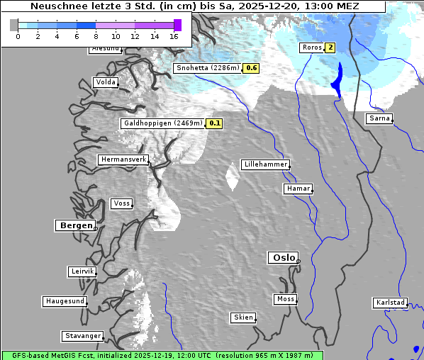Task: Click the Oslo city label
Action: click(282, 258)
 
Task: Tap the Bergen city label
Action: click(74, 225)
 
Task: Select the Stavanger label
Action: click(82, 336)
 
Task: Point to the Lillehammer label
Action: click(265, 164)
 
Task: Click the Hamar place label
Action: click(297, 189)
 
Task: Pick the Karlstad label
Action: click(390, 303)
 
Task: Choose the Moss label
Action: click(285, 299)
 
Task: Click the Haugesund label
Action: click(65, 301)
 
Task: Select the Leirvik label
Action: click(82, 271)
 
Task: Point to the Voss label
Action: click(121, 203)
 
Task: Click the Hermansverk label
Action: click(123, 159)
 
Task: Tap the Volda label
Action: click(105, 82)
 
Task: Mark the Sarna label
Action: click(379, 118)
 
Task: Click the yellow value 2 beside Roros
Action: click(330, 47)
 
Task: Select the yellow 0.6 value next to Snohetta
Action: click(251, 68)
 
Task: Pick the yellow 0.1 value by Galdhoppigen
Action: click(215, 123)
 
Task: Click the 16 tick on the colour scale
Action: click(174, 36)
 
